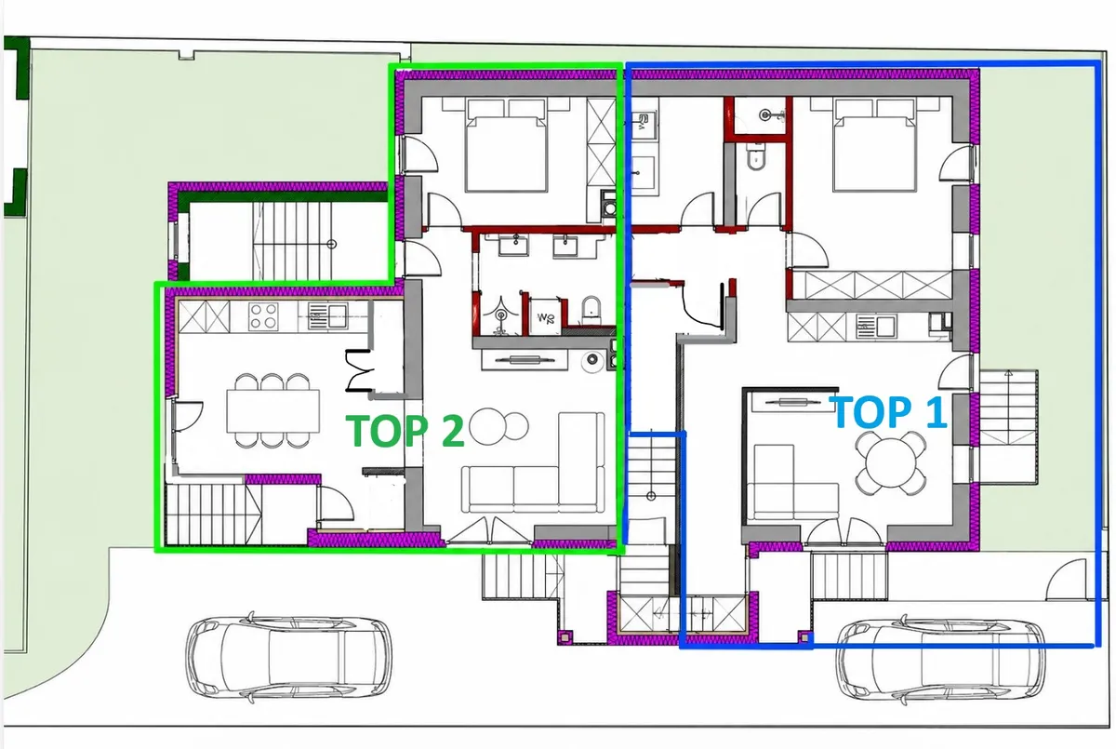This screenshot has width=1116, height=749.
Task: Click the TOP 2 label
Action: (405, 431)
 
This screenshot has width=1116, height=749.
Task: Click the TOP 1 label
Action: (890, 411)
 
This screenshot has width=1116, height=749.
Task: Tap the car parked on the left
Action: (289, 657)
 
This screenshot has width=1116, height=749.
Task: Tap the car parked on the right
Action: (941, 661)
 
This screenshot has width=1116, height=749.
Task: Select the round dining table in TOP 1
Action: (890, 463)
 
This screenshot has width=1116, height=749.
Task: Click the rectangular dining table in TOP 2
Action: (273, 410)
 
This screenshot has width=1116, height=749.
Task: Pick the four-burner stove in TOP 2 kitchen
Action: (263, 316)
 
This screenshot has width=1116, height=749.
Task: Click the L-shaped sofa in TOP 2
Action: (534, 463)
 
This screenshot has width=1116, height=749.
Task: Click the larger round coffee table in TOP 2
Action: (487, 426)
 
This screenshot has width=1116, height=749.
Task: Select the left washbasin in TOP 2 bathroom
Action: (514, 245)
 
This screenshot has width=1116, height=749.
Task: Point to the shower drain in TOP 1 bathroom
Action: (765, 115)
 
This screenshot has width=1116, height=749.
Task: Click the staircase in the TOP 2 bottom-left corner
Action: (214, 515)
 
